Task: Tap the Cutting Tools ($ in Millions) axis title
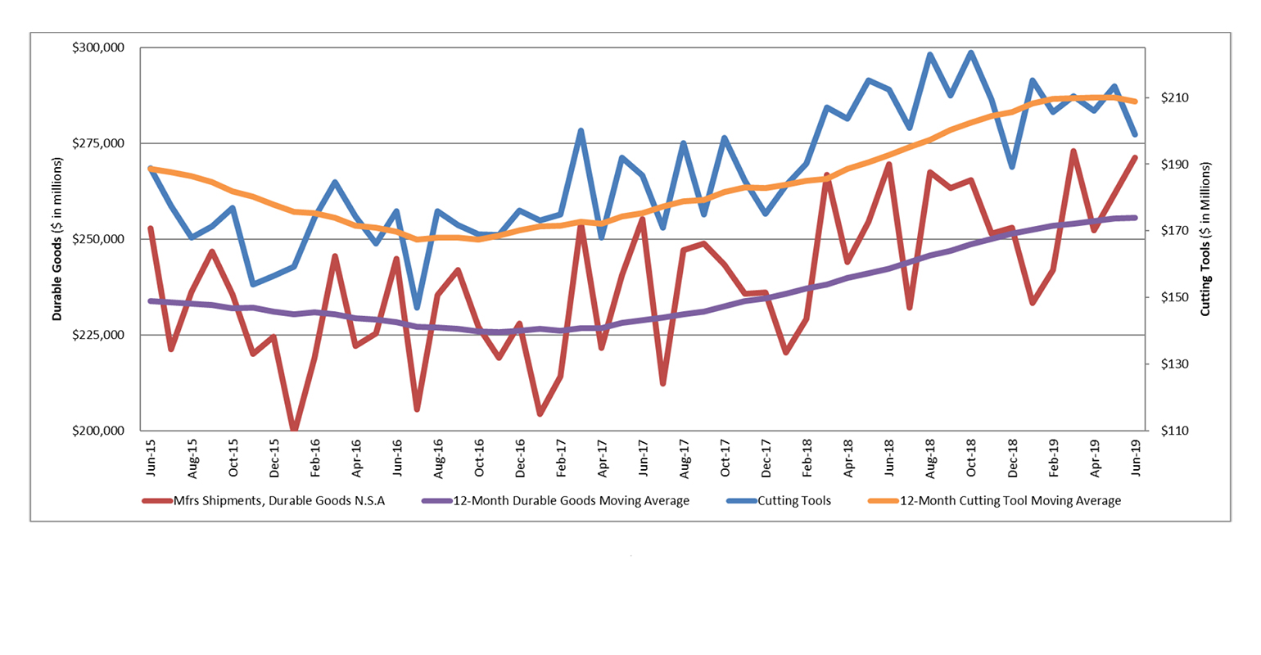1205,239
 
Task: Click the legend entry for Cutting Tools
793,500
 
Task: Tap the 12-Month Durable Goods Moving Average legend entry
571,500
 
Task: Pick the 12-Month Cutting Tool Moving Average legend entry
1010,500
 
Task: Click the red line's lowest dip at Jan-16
294,430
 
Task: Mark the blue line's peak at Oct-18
971,53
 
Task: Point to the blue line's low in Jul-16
417,308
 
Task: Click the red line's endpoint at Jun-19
1135,157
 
